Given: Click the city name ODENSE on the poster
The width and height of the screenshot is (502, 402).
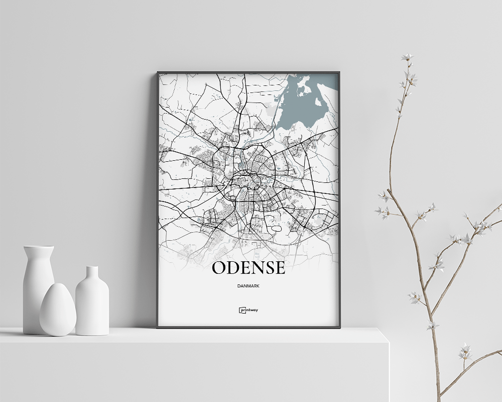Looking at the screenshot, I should [248, 268].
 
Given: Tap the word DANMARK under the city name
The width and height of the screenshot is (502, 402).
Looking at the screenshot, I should [248, 286].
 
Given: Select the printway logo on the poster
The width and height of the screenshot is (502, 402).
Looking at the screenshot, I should [248, 310].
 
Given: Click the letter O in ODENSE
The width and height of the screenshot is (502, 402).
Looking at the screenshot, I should [220, 268].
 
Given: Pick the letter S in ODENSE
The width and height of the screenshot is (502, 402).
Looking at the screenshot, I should [267, 268].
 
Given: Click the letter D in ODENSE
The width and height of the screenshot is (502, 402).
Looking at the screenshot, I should [234, 268].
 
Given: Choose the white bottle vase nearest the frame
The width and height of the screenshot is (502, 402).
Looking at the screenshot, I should [92, 304].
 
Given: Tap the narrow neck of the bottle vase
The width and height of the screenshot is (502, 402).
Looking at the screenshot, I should [92, 273].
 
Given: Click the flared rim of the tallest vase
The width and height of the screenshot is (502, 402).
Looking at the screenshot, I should [39, 247].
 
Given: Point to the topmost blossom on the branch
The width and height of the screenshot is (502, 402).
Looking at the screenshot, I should [407, 57].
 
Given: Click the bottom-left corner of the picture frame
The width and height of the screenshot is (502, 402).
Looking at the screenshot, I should [158, 327].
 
